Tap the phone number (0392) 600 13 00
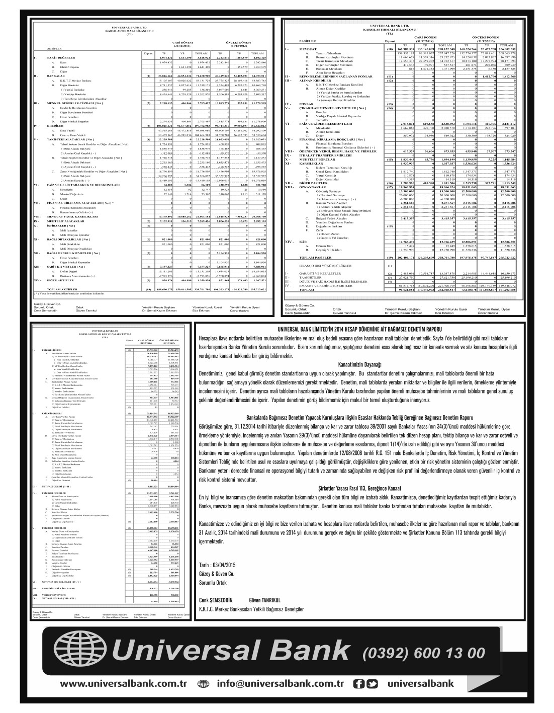(x=424, y=653)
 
